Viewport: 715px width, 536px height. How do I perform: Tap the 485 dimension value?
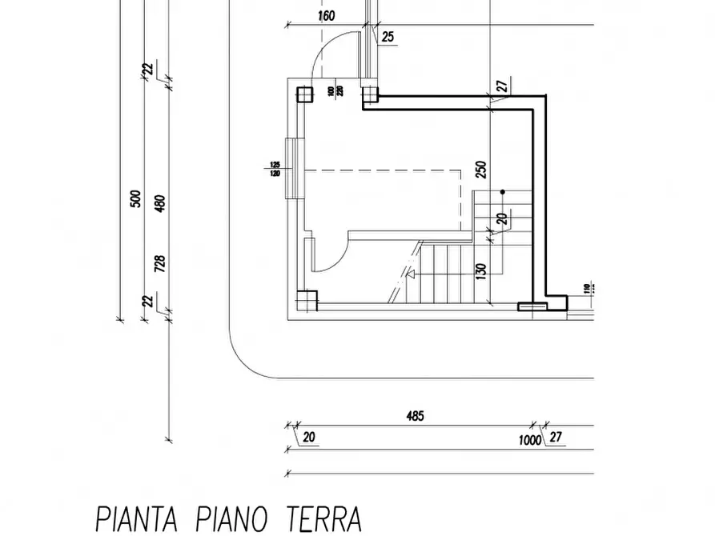point(415,415)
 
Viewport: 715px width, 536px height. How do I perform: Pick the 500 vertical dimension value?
point(135,198)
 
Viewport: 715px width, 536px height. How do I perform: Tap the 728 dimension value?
point(159,264)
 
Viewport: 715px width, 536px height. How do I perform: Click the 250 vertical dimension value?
point(480,170)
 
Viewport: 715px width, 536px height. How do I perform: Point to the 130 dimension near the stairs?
point(480,272)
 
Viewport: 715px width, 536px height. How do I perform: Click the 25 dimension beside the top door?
point(388,37)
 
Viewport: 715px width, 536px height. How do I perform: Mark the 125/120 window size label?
point(275,170)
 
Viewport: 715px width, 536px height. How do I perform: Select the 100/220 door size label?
point(335,91)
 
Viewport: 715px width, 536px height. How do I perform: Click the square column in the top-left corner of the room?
point(305,95)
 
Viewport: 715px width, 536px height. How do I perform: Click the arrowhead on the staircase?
point(411,274)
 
